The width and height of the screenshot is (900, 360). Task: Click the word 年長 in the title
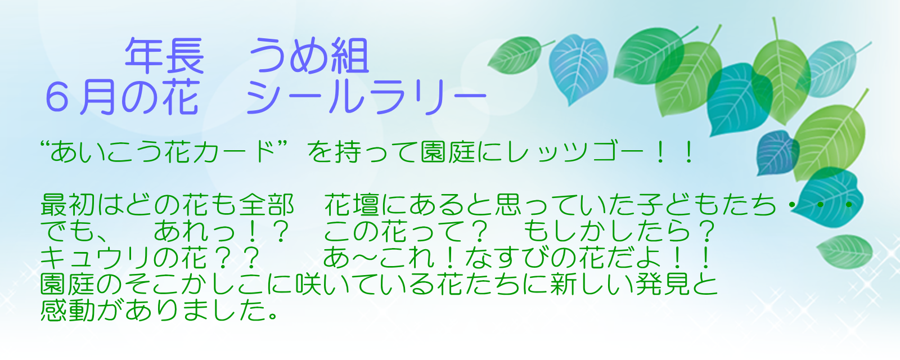(x=165, y=56)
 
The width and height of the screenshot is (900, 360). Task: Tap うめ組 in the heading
(x=309, y=56)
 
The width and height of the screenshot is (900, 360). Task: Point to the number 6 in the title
(x=57, y=98)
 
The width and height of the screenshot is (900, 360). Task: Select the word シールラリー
(x=366, y=98)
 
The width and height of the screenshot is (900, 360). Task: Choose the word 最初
(x=67, y=205)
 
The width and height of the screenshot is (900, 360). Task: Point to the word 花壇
(x=352, y=205)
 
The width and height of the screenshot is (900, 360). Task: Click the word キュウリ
(x=96, y=258)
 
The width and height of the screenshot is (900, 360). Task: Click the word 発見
(x=663, y=284)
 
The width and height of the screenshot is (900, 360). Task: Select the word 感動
(x=67, y=310)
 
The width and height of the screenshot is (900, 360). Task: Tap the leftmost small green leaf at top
(x=518, y=55)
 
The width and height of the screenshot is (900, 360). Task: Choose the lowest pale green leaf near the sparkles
(x=844, y=251)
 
